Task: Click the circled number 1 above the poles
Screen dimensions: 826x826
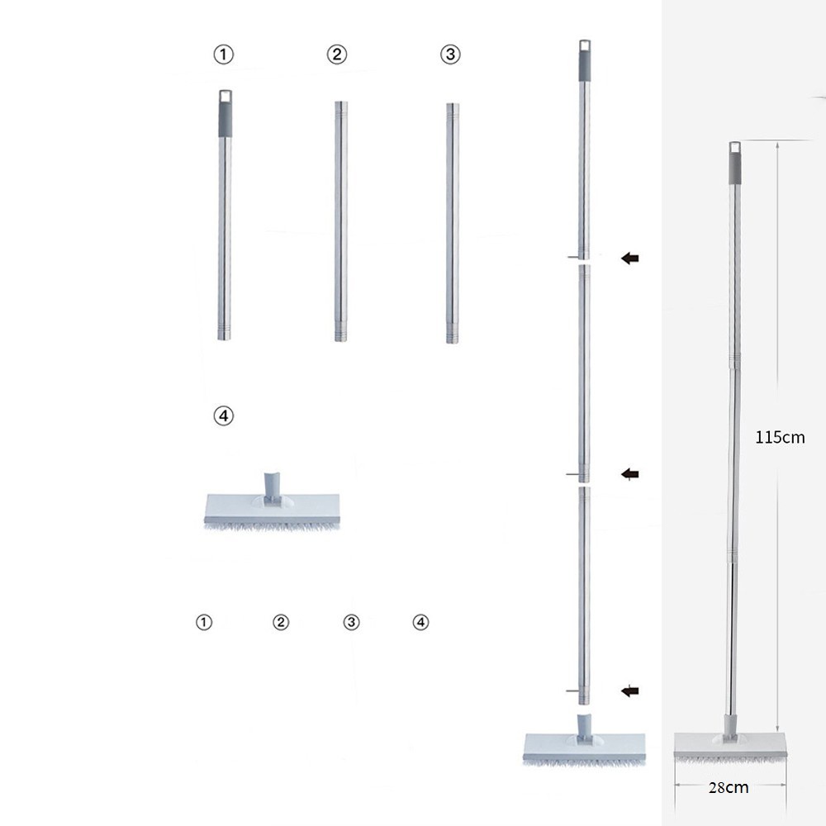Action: (x=223, y=55)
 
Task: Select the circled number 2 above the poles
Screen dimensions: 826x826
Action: (x=337, y=55)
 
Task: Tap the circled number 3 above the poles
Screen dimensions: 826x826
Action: (x=450, y=55)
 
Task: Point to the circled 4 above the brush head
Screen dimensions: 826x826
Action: (x=223, y=415)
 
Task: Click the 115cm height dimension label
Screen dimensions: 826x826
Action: (x=780, y=437)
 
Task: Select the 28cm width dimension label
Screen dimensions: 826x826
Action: (x=729, y=787)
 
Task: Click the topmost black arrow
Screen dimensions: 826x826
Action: (x=630, y=258)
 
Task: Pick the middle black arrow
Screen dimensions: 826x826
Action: (x=630, y=474)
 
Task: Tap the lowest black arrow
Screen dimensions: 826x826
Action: (x=630, y=691)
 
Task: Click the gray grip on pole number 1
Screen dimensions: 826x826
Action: (x=225, y=119)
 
